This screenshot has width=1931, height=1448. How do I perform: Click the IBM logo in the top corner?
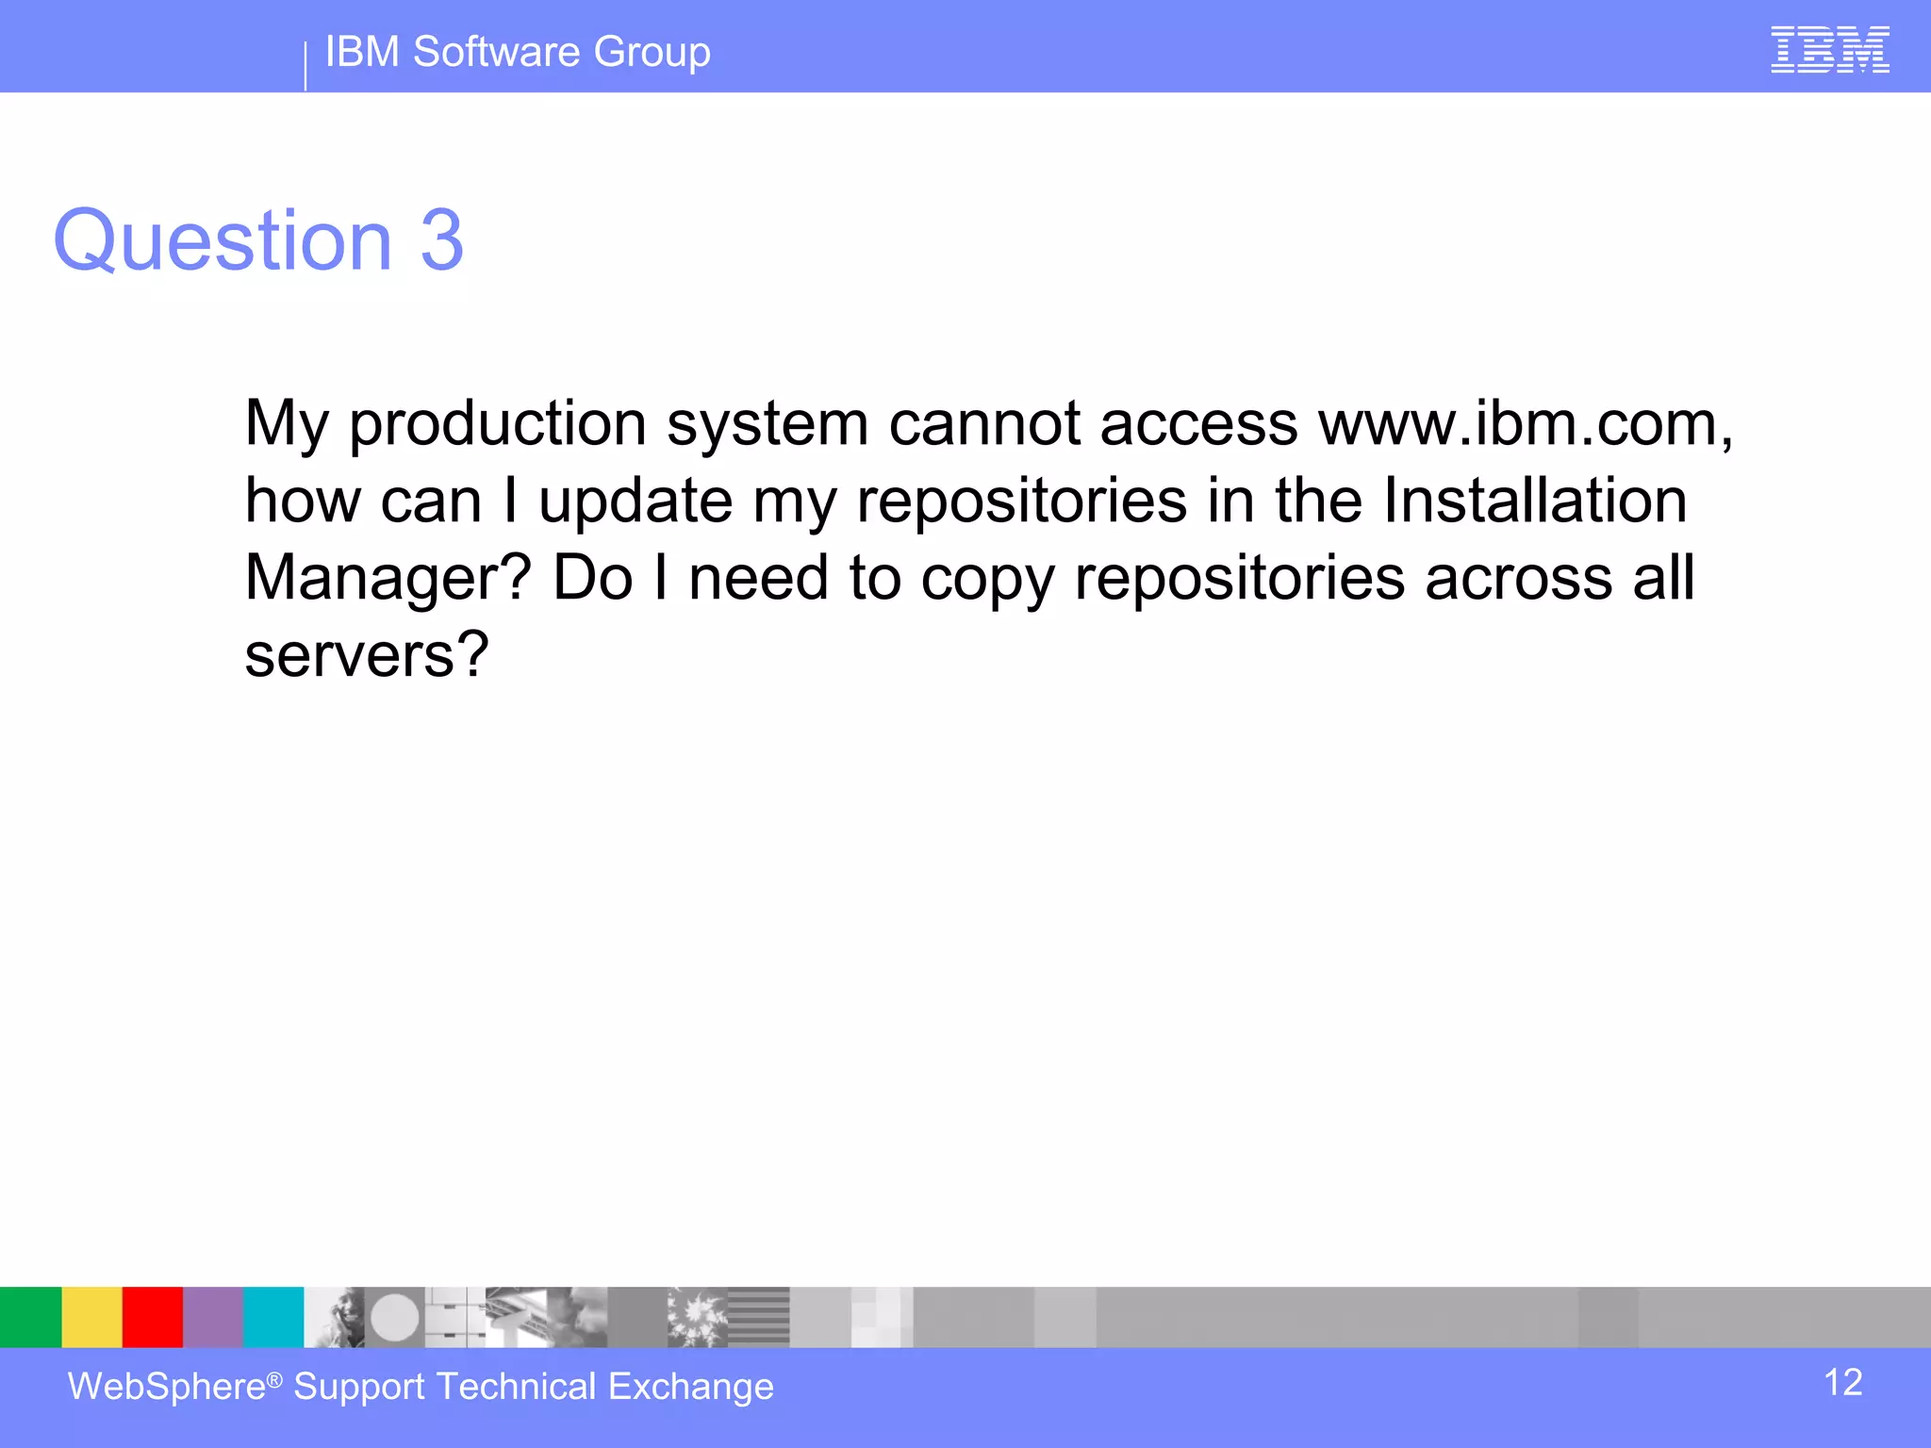(x=1829, y=50)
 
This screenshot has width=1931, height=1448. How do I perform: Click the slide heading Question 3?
(x=258, y=240)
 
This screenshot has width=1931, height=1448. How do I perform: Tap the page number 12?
(x=1842, y=1383)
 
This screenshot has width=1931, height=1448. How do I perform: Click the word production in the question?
(x=498, y=425)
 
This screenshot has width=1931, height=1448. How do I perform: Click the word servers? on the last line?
(x=367, y=654)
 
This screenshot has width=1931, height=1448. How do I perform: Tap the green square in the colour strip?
(x=30, y=1317)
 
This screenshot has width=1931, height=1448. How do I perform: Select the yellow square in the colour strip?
(x=91, y=1317)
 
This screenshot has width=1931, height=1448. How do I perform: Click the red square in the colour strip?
(x=152, y=1317)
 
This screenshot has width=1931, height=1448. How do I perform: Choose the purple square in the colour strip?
(x=212, y=1317)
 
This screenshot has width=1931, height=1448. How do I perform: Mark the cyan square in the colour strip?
(x=273, y=1317)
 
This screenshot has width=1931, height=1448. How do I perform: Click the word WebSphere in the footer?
(x=167, y=1387)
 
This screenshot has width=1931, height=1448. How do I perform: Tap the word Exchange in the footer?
(x=690, y=1387)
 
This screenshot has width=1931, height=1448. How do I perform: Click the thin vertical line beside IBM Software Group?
(x=305, y=66)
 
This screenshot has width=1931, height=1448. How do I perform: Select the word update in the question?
(x=635, y=502)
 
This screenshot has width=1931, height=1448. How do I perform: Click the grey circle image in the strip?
(x=394, y=1317)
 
